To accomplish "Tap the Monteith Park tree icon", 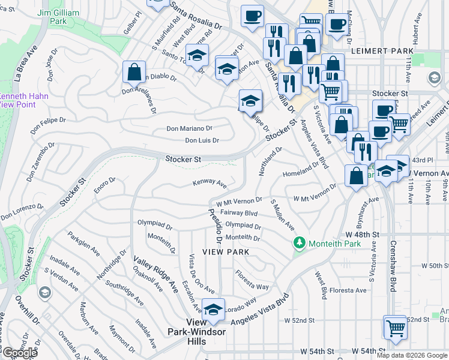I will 298,244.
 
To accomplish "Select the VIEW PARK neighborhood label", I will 226,252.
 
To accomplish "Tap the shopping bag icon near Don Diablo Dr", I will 134,72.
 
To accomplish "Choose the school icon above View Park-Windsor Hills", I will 212,310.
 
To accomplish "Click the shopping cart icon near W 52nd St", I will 395,328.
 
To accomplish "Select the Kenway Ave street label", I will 209,182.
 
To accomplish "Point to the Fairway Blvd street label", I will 239,213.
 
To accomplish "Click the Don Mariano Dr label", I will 189,128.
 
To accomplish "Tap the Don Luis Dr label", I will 202,140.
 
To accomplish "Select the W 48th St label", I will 363,234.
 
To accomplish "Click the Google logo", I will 20,353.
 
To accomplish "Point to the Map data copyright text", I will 412,355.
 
